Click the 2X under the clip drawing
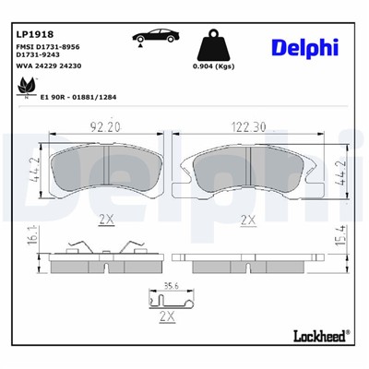coord(167,315)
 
